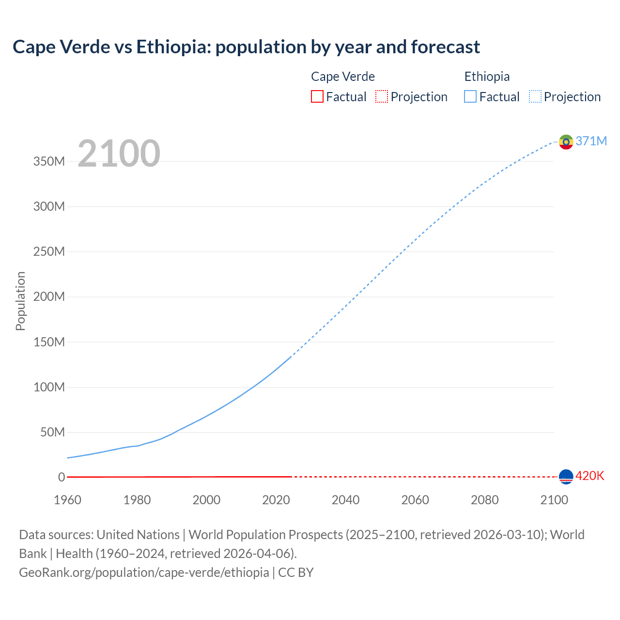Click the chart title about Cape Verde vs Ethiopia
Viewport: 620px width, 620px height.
[x=246, y=47]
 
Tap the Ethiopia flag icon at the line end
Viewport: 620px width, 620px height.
[x=566, y=142]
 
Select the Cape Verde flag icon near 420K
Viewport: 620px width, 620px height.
[x=566, y=477]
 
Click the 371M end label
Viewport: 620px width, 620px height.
[x=591, y=141]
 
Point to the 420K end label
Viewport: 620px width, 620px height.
[x=589, y=476]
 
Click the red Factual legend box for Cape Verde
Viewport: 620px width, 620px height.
[x=317, y=97]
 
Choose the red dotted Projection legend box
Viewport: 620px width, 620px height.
[x=382, y=97]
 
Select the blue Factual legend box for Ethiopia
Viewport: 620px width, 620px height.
[x=470, y=97]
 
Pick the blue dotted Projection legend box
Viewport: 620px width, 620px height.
[x=535, y=97]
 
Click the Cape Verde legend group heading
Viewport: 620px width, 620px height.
[x=342, y=77]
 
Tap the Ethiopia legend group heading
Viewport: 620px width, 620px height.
[x=487, y=77]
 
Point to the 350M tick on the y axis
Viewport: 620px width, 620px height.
[x=49, y=161]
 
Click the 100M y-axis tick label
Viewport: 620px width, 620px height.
[x=49, y=387]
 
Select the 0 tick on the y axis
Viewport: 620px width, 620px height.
[x=62, y=477]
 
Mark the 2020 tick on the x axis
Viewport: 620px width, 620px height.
[x=276, y=500]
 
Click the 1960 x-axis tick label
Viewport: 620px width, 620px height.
[x=68, y=500]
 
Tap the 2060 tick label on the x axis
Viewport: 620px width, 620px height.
[x=415, y=500]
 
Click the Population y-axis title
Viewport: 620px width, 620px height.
[x=20, y=301]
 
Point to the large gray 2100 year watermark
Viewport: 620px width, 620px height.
[x=119, y=154]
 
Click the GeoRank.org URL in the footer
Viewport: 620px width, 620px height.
[x=144, y=573]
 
